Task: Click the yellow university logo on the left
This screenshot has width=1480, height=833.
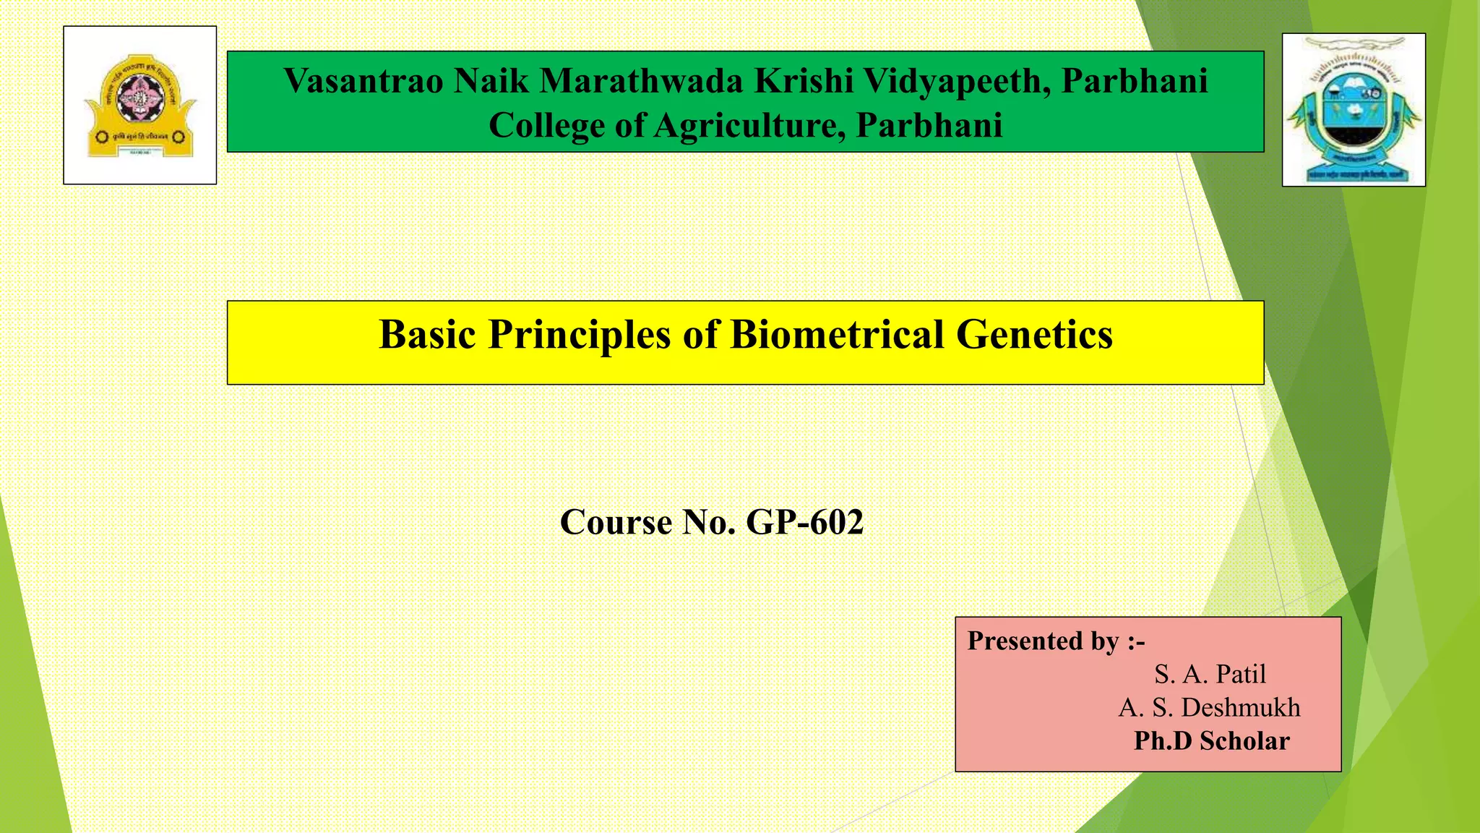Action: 139,106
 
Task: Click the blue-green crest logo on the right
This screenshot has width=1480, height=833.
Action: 1354,110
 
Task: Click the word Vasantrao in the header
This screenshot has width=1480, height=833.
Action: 363,80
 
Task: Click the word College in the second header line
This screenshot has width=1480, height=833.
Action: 547,125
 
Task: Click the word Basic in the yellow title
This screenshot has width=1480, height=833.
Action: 427,335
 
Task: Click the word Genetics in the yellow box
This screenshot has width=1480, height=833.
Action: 1034,335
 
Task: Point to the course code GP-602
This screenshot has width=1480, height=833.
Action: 804,522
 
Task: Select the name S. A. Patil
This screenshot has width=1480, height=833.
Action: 1210,674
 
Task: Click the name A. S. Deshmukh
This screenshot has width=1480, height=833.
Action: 1209,707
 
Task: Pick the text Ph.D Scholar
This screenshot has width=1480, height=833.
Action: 1211,740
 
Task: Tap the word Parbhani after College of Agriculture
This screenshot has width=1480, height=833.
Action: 929,125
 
